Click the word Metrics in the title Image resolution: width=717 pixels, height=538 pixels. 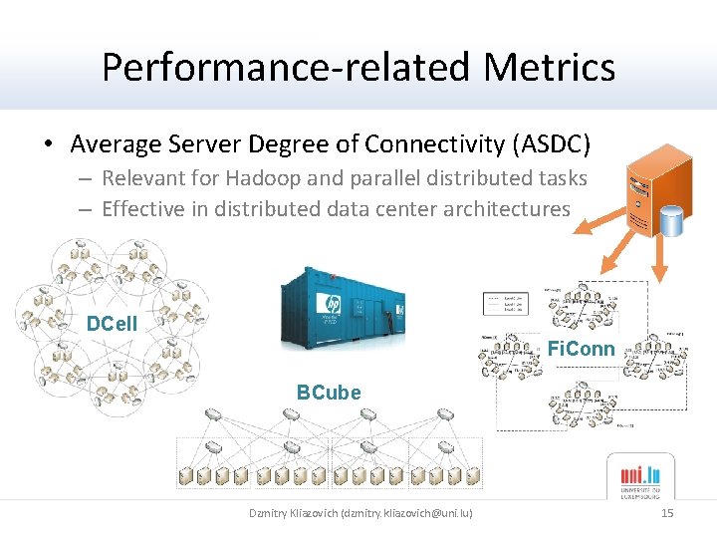click(x=549, y=68)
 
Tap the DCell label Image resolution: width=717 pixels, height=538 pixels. click(x=112, y=324)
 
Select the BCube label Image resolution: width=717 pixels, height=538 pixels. click(x=329, y=393)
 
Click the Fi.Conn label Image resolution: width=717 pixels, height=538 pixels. click(x=581, y=350)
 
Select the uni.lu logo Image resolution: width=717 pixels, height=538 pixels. click(x=640, y=477)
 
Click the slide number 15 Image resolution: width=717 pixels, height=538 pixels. click(x=667, y=513)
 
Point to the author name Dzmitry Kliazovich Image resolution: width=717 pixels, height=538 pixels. click(x=293, y=513)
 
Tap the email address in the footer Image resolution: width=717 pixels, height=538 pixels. click(x=408, y=513)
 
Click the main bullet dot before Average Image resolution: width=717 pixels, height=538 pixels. click(x=48, y=145)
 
